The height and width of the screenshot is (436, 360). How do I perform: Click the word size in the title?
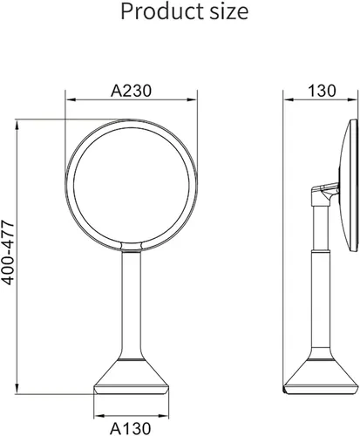(229, 12)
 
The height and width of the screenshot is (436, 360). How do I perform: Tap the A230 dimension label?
(131, 91)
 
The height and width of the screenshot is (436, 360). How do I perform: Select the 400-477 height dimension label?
(8, 253)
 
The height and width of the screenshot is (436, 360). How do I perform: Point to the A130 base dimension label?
(131, 428)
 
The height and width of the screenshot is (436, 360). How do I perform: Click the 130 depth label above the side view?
(322, 91)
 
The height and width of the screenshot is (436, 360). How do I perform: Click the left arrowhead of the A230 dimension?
(71, 99)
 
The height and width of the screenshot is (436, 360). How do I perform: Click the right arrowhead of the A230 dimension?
(192, 99)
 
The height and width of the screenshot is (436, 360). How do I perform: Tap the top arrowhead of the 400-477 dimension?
(17, 125)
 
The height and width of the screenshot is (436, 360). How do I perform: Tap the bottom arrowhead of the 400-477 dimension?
(17, 389)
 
